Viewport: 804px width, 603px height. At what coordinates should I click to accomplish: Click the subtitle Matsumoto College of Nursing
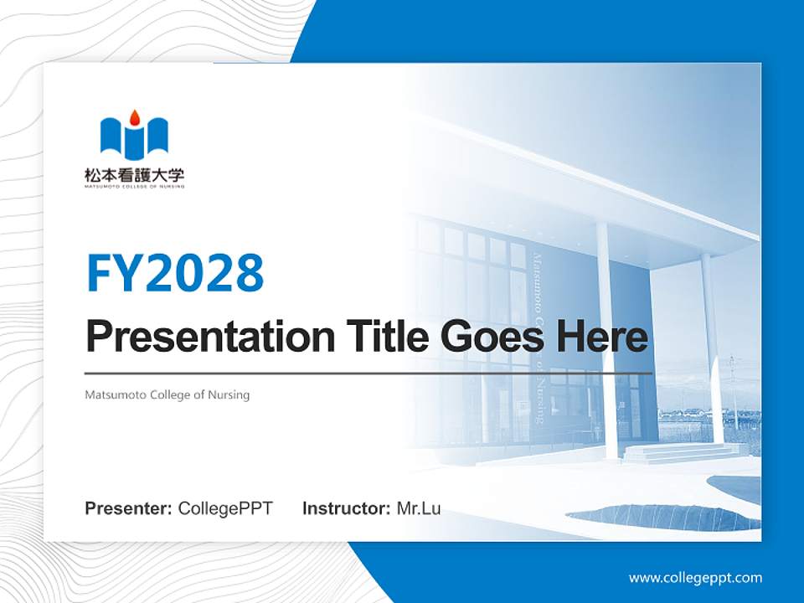coord(167,394)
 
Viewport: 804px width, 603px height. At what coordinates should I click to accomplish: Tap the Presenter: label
coord(128,508)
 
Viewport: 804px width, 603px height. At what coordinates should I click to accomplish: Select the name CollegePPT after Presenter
coord(225,508)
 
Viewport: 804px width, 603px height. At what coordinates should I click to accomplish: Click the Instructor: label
coord(346,508)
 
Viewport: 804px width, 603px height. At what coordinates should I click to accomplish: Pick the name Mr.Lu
coord(419,508)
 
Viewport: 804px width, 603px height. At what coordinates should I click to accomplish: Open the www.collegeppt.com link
coord(695,578)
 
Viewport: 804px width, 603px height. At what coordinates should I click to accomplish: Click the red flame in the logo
coord(135,117)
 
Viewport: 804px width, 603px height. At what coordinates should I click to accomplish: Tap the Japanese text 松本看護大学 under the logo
coord(134,176)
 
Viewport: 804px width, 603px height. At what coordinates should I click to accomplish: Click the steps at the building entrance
coord(678,453)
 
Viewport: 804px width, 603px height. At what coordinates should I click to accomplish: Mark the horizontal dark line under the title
coord(368,373)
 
